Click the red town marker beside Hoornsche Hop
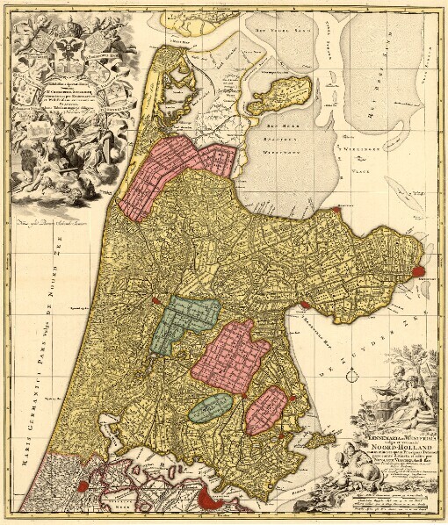pos(303,304)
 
